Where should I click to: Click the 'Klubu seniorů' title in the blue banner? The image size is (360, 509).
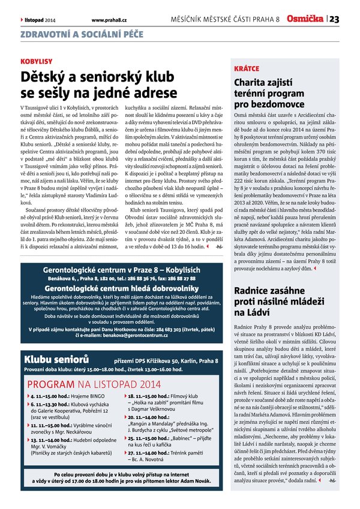point(56,359)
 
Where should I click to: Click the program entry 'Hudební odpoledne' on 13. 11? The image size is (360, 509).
point(68,439)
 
